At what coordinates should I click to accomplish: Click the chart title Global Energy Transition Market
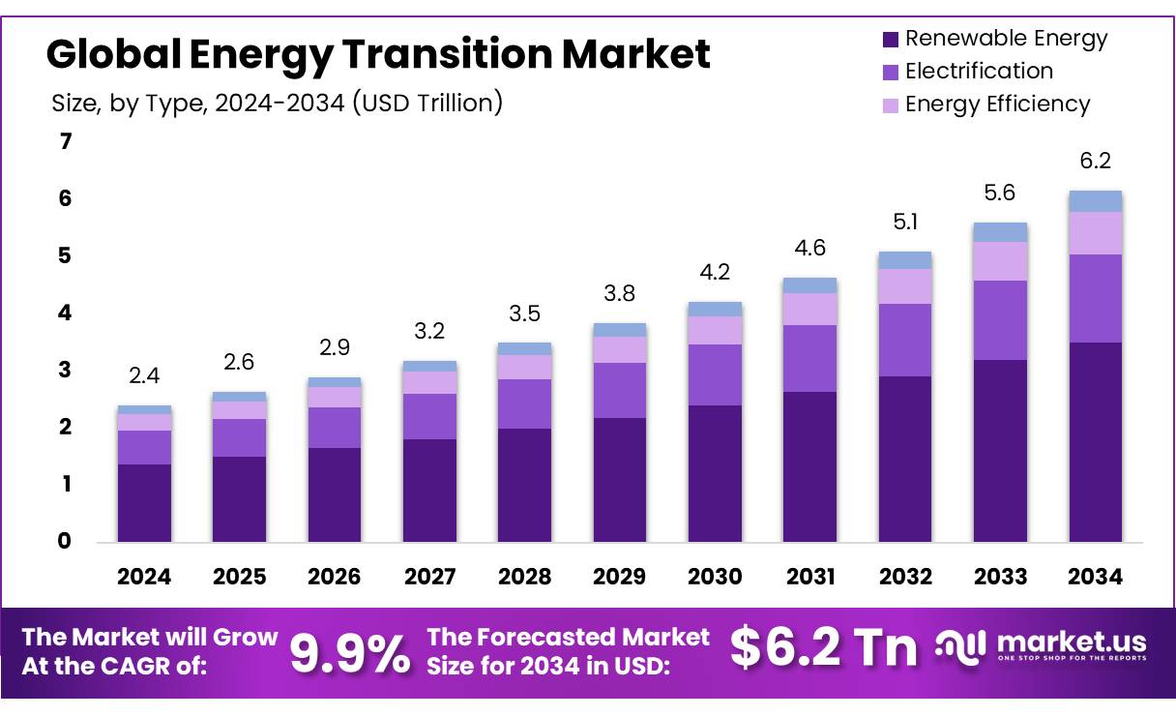(x=378, y=54)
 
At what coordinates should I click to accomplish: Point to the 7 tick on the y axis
(x=66, y=142)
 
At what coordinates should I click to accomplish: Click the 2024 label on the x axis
(x=144, y=577)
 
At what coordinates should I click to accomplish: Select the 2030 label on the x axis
(x=715, y=577)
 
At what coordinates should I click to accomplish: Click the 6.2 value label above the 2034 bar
(x=1095, y=161)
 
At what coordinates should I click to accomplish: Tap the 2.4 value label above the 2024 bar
(x=144, y=376)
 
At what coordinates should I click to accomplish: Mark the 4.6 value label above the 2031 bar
(x=809, y=248)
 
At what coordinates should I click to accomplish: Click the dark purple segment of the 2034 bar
(x=1095, y=441)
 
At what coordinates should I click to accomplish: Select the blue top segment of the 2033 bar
(x=1000, y=232)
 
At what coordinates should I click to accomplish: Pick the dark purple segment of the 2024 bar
(x=144, y=502)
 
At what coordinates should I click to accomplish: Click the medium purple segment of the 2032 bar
(x=904, y=340)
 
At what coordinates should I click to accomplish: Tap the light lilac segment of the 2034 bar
(x=1095, y=233)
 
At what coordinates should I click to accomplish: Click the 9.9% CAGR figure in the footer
(x=350, y=653)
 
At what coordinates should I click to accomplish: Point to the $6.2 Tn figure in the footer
(x=823, y=647)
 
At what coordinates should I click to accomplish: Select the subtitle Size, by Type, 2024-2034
(x=277, y=103)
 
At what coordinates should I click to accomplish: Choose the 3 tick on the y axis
(x=66, y=371)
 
